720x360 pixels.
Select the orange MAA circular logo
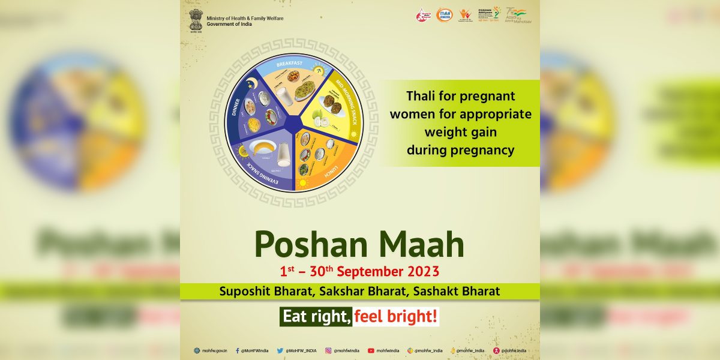tap(444, 14)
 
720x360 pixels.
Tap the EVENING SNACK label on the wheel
tap(256, 170)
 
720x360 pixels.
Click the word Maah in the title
tap(416, 244)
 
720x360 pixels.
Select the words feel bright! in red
tap(396, 316)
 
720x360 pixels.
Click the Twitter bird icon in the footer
tap(280, 350)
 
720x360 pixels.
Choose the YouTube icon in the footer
tap(371, 350)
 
